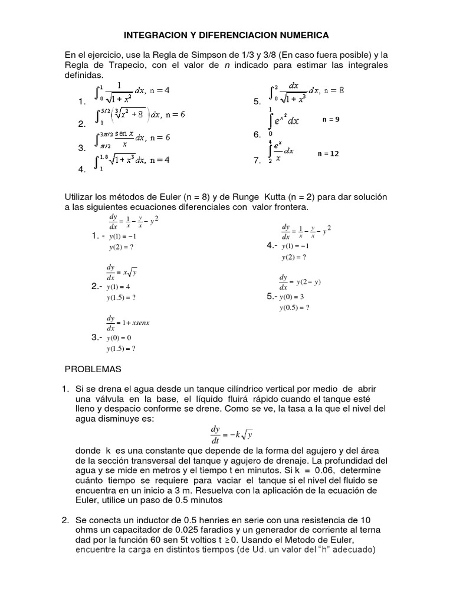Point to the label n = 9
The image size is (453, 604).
(331, 119)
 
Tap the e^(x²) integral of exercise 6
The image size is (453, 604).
(286, 120)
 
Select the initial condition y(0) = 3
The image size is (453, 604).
(292, 297)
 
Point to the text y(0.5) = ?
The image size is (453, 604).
(294, 307)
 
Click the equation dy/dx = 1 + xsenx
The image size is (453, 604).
(128, 323)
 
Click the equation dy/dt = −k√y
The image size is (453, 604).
(232, 435)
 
